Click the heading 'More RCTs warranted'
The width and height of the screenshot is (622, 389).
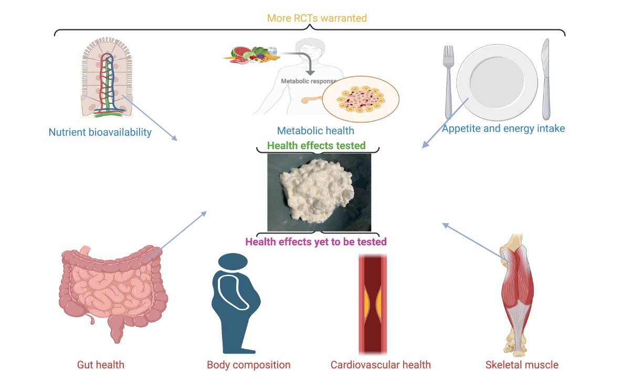317,18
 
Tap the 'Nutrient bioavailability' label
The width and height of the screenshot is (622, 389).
100,132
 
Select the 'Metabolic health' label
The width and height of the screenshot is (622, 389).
315,131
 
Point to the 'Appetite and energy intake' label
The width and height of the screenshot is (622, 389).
503,129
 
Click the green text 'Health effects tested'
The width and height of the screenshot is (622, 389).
316,145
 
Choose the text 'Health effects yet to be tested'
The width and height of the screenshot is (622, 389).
316,241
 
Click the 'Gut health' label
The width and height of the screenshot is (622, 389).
101,365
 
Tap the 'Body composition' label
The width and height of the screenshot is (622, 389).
249,365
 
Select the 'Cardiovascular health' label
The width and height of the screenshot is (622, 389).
381,365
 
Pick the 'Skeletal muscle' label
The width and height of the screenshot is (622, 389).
522,365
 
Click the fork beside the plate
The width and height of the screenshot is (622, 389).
449,82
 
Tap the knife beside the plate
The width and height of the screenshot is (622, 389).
546,79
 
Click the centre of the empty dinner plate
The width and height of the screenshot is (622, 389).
497,82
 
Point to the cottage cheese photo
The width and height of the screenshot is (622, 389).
319,193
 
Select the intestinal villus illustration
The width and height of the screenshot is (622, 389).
107,78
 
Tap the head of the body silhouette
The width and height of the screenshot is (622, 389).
233,262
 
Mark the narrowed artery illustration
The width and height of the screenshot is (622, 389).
373,304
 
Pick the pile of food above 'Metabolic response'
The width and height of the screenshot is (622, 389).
251,55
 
